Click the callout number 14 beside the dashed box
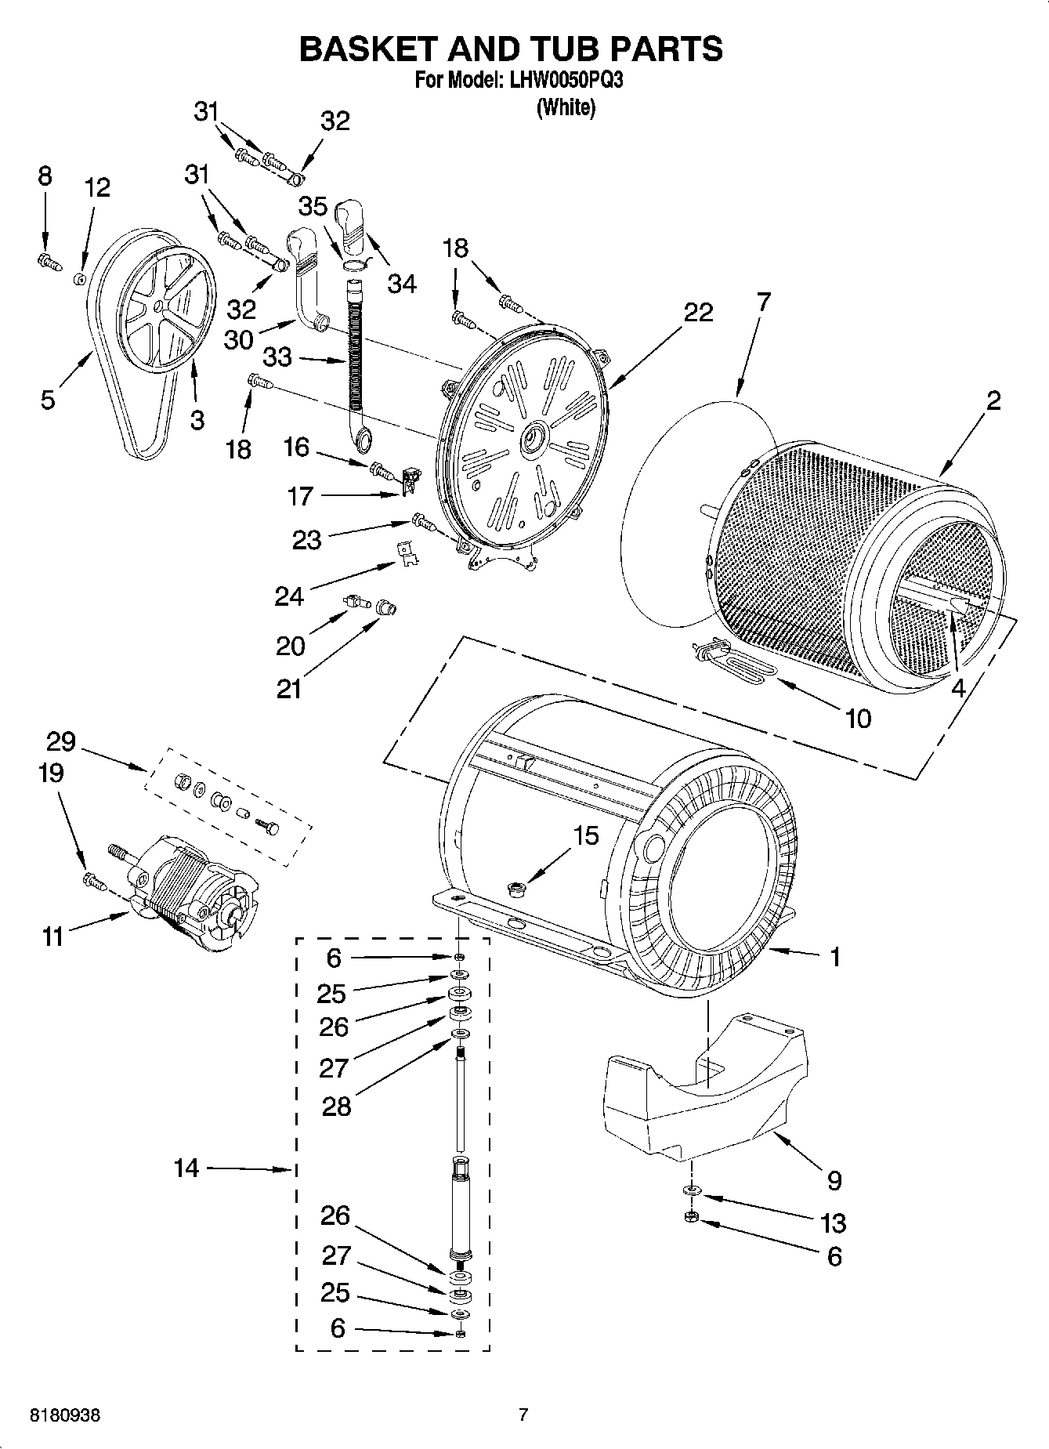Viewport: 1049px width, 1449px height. pyautogui.click(x=186, y=1168)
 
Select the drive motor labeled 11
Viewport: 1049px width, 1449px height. pyautogui.click(x=188, y=893)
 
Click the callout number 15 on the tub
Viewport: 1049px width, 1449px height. pyautogui.click(x=586, y=835)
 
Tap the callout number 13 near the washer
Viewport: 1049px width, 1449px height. pyautogui.click(x=833, y=1222)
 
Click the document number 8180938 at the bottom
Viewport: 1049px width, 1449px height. pyautogui.click(x=65, y=1416)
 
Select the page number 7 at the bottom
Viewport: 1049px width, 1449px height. pyautogui.click(x=523, y=1415)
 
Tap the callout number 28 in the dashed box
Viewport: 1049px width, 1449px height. pyautogui.click(x=336, y=1107)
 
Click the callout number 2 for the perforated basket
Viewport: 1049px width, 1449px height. pyautogui.click(x=993, y=401)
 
